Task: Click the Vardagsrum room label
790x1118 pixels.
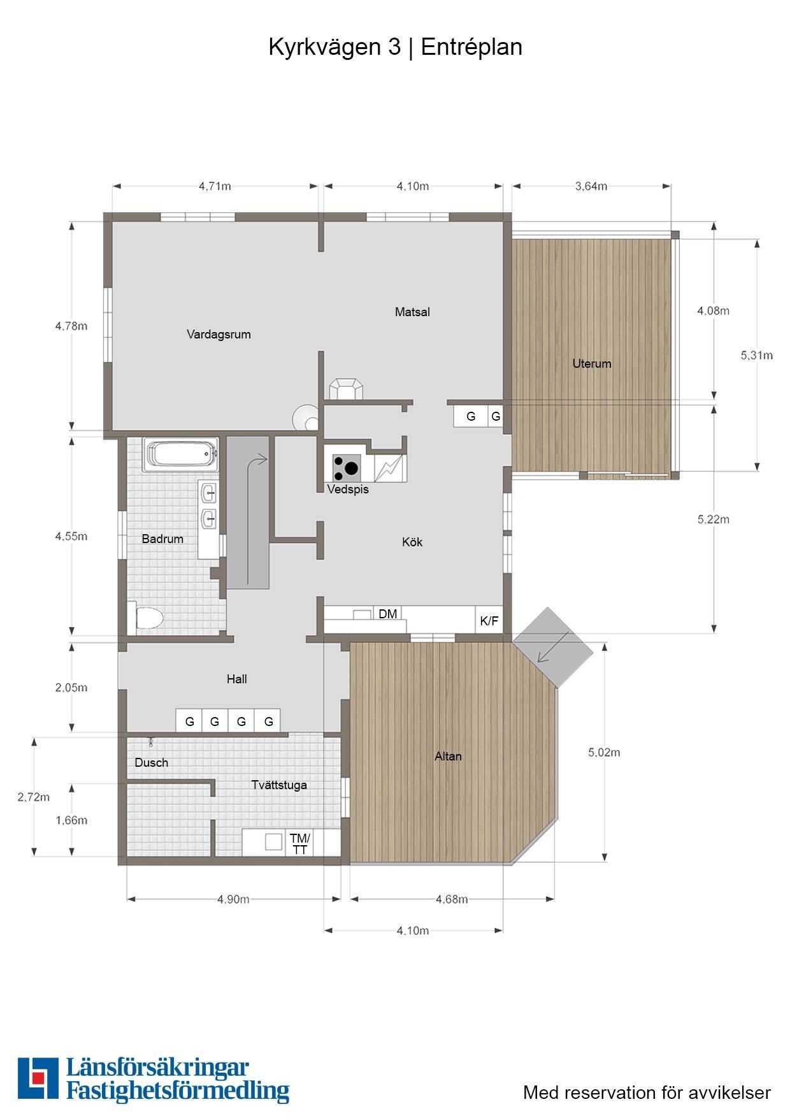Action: (x=219, y=334)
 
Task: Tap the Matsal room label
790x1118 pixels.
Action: (x=412, y=312)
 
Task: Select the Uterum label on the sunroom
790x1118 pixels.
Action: (x=592, y=363)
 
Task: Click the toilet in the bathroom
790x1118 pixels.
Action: (x=149, y=618)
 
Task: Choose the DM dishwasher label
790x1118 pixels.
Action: (x=387, y=614)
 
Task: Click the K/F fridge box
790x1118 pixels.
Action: (x=489, y=620)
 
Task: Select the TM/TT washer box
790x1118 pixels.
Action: (x=300, y=843)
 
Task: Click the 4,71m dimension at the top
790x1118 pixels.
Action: (x=215, y=186)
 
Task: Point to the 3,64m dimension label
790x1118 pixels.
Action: (x=591, y=186)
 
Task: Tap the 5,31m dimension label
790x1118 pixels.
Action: (x=757, y=355)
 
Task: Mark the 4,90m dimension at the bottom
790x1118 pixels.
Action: (x=233, y=899)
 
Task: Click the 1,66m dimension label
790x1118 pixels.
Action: (x=71, y=820)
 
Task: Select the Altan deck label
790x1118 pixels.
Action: (x=448, y=756)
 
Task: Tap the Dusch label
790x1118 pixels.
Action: (x=152, y=762)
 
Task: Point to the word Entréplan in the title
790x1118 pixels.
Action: (x=471, y=47)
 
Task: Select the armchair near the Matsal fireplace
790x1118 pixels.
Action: (x=346, y=389)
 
